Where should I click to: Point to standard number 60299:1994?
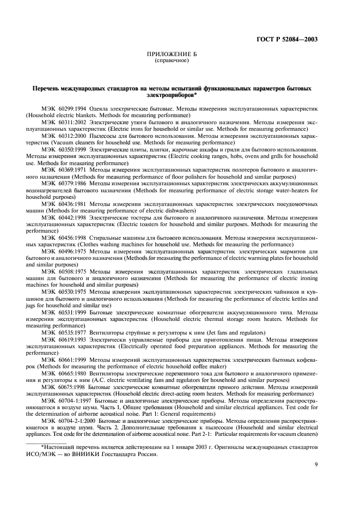74,109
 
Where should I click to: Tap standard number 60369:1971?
74,170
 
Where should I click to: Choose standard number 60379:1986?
74,184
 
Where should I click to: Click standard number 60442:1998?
74,218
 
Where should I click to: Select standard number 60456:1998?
74,238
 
